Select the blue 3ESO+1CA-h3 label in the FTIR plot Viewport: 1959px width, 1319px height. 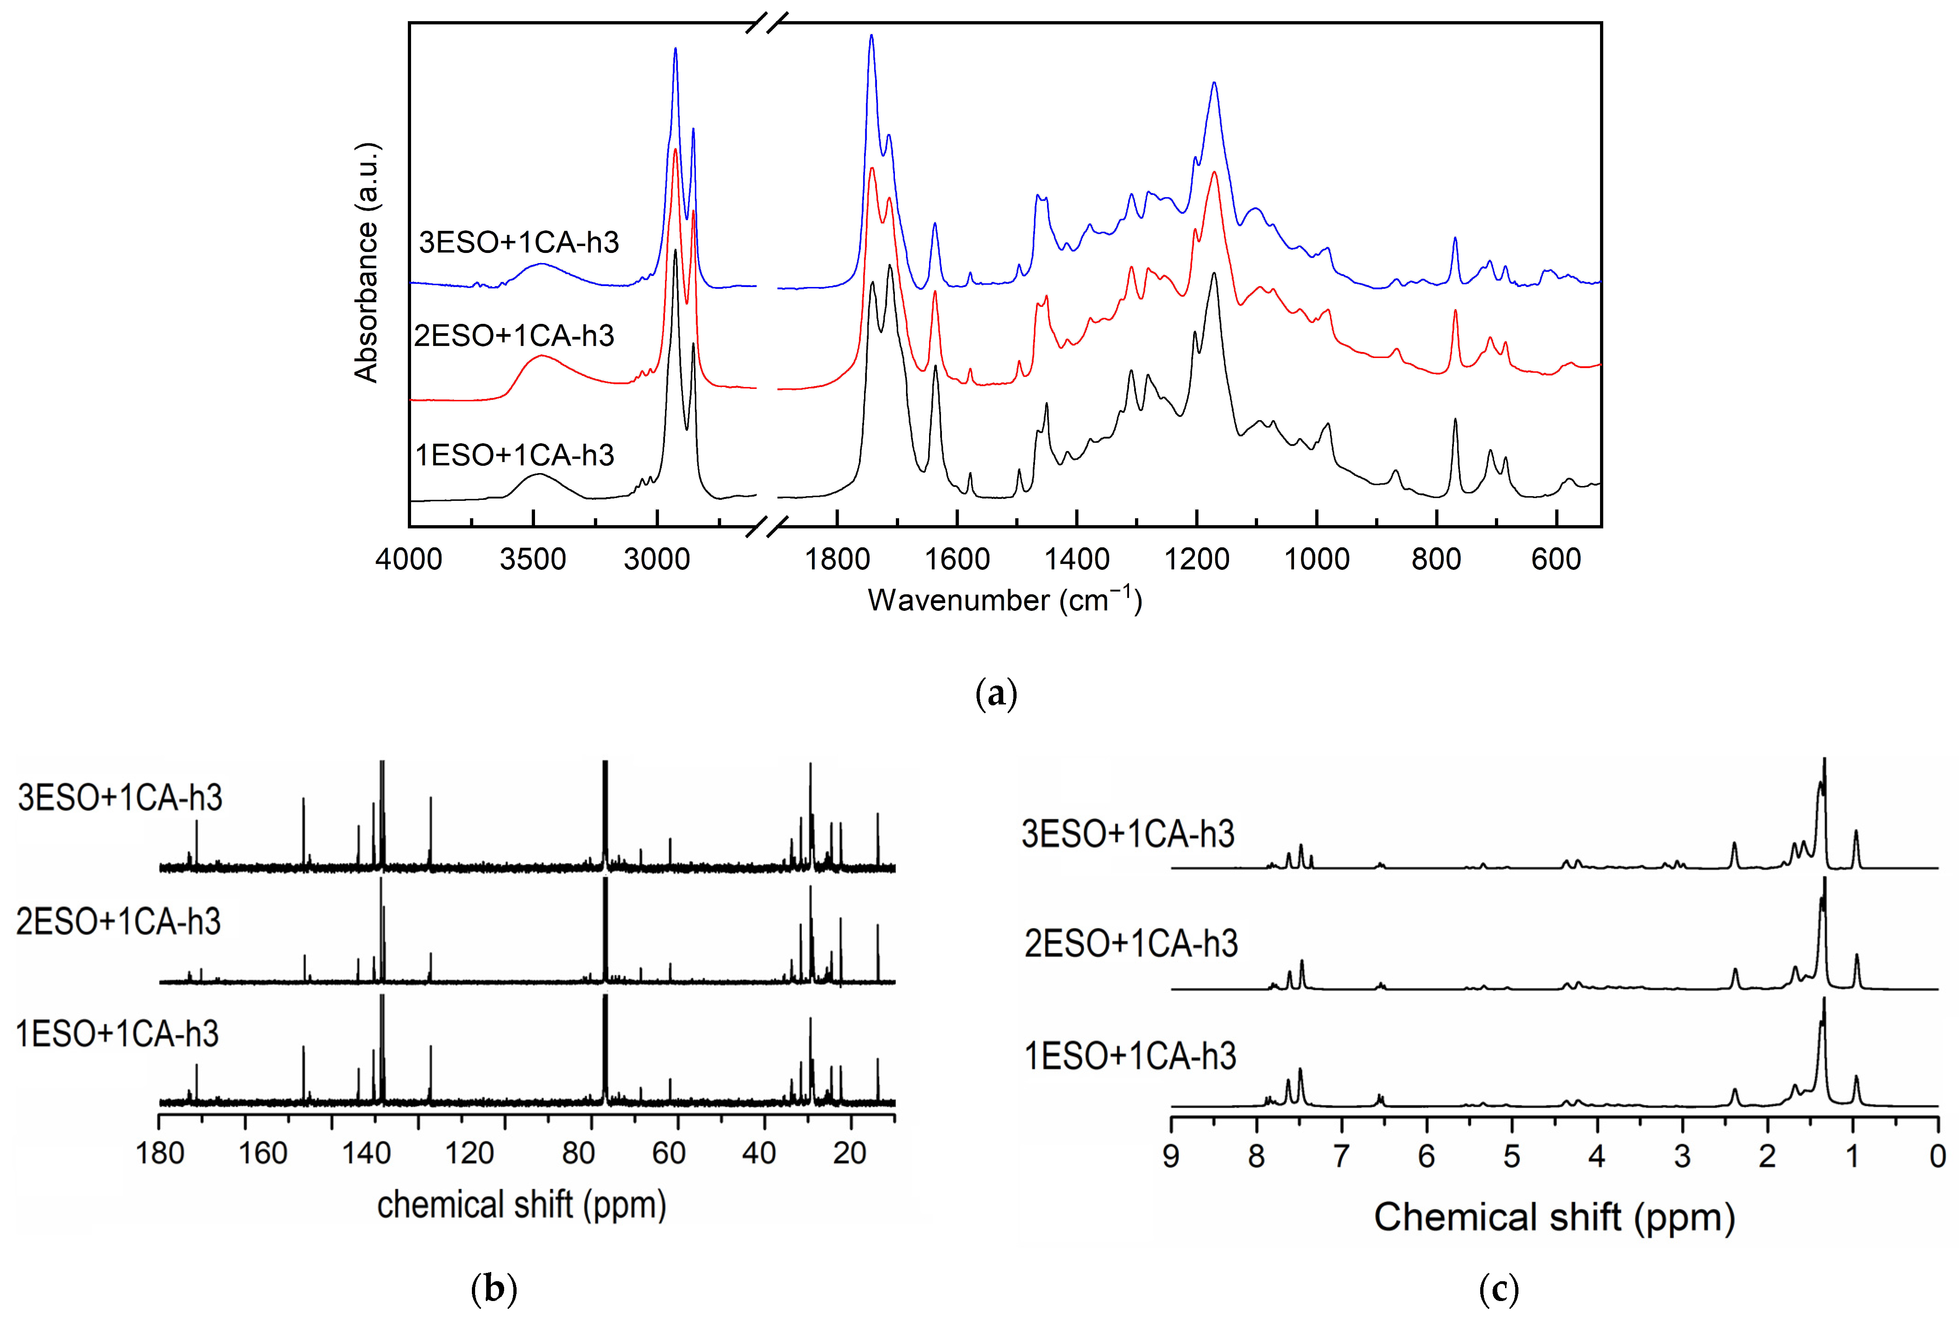(x=518, y=242)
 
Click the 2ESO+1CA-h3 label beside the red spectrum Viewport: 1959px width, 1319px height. (x=514, y=336)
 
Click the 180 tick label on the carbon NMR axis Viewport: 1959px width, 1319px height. (x=160, y=1152)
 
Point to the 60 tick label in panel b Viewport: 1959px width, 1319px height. (x=669, y=1152)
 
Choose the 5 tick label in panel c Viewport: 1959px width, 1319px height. (x=1512, y=1157)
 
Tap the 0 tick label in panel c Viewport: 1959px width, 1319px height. (x=1937, y=1157)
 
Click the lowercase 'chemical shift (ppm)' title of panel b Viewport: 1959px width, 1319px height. (x=522, y=1205)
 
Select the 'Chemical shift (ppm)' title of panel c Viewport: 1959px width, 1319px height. (x=1554, y=1217)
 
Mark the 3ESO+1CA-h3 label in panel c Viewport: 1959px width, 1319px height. (x=1128, y=833)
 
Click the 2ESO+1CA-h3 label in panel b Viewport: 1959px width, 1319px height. (x=118, y=922)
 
